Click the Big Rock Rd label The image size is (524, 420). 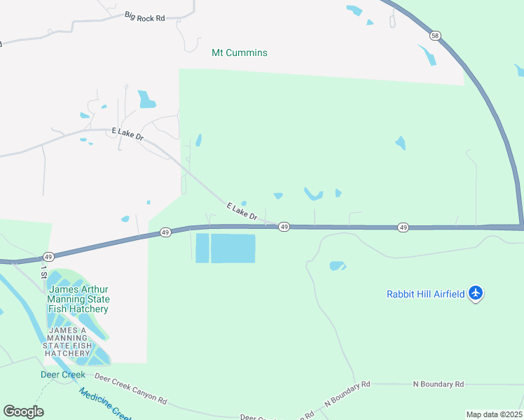pyautogui.click(x=144, y=15)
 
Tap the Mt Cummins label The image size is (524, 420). pyautogui.click(x=240, y=52)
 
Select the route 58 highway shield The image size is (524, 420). pyautogui.click(x=436, y=35)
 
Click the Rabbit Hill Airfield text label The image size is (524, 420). pyautogui.click(x=426, y=294)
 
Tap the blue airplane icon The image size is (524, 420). pyautogui.click(x=476, y=293)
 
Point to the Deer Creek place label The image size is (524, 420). pyautogui.click(x=62, y=374)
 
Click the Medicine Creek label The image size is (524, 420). pyautogui.click(x=106, y=405)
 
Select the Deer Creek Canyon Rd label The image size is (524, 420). pyautogui.click(x=131, y=390)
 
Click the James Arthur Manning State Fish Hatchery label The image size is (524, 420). pyautogui.click(x=78, y=299)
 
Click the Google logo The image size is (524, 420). pyautogui.click(x=23, y=412)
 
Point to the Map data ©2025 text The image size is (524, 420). pyautogui.click(x=493, y=414)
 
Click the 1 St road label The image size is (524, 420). pyautogui.click(x=44, y=272)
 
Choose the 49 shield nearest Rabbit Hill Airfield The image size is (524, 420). pyautogui.click(x=403, y=227)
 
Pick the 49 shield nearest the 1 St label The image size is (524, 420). pyautogui.click(x=48, y=257)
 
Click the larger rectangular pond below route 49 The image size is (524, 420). pyautogui.click(x=233, y=248)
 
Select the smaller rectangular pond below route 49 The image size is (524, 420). pyautogui.click(x=202, y=248)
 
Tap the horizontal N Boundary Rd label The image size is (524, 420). pyautogui.click(x=439, y=384)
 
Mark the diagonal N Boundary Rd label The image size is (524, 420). pyautogui.click(x=347, y=394)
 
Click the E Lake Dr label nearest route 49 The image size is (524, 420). pyautogui.click(x=242, y=211)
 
